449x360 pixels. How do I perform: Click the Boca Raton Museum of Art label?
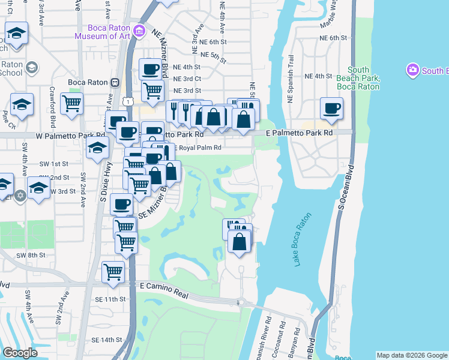(x=102, y=32)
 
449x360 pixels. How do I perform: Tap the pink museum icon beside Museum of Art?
(x=140, y=31)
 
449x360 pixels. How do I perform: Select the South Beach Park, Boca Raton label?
(x=358, y=79)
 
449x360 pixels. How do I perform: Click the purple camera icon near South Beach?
(x=412, y=71)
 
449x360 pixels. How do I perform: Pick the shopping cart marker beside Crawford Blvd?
(x=71, y=103)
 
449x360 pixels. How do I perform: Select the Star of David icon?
(x=20, y=196)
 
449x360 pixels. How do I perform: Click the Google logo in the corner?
(x=19, y=352)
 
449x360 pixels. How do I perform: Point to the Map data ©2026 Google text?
(x=412, y=355)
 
